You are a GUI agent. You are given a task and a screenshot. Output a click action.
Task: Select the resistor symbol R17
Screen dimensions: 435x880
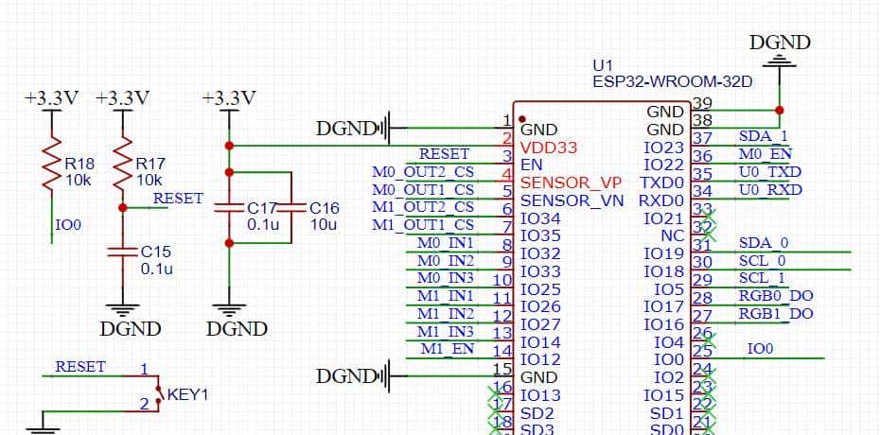click(x=121, y=170)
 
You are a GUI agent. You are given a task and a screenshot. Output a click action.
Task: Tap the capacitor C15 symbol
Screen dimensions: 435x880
click(x=121, y=252)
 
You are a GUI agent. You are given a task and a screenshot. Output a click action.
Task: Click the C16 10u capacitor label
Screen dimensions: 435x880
click(x=324, y=217)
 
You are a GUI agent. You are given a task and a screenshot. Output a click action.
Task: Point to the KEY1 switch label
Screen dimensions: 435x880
click(x=187, y=394)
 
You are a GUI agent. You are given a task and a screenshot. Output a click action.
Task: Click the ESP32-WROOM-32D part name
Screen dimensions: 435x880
click(x=672, y=82)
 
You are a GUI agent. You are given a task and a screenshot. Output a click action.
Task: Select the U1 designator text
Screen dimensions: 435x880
click(x=603, y=66)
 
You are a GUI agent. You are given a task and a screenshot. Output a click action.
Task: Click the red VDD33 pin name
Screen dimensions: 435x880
click(x=549, y=148)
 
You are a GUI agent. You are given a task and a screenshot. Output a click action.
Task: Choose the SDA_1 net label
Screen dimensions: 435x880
click(x=763, y=136)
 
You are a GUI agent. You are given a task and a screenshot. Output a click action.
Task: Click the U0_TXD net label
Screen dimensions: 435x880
click(x=769, y=172)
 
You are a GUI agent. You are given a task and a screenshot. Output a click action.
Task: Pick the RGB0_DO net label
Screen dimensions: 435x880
click(x=775, y=296)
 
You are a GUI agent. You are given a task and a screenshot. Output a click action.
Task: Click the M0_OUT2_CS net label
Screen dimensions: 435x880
click(x=423, y=171)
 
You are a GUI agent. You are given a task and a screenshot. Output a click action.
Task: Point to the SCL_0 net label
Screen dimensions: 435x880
click(x=762, y=260)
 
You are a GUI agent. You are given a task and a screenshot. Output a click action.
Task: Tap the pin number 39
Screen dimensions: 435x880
click(x=702, y=103)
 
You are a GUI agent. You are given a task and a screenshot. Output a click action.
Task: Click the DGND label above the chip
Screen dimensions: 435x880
click(x=780, y=43)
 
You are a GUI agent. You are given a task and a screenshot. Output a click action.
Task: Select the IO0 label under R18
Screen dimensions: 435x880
click(x=69, y=226)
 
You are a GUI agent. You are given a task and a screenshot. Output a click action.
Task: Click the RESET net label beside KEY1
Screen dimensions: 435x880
click(x=80, y=366)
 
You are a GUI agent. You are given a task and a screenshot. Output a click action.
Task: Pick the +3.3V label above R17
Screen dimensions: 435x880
click(x=122, y=98)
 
